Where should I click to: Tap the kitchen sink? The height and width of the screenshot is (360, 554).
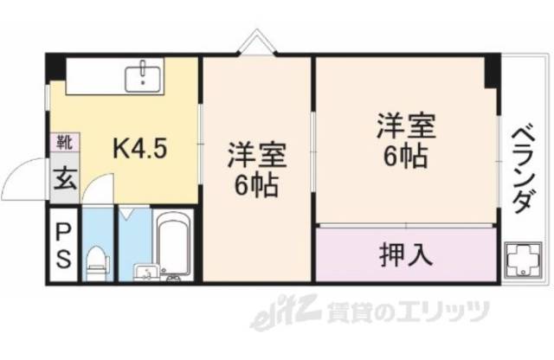[142, 77]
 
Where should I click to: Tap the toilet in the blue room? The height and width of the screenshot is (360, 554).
[98, 260]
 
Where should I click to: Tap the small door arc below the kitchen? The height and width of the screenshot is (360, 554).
[101, 188]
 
